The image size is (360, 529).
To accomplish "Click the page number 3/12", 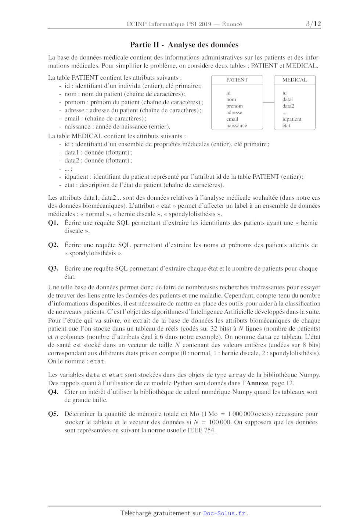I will tap(313, 24).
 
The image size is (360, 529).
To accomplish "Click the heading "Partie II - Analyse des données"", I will tap(184, 45).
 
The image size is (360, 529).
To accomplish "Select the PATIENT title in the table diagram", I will tap(237, 80).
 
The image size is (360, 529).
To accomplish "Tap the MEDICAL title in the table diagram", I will tap(295, 80).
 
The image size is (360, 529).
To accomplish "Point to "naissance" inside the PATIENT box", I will tap(237, 126).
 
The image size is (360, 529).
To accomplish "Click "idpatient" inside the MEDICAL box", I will tap(292, 119).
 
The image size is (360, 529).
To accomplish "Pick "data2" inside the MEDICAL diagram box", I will tap(288, 106).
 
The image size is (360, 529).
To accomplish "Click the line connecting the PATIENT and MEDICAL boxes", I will tap(269, 102).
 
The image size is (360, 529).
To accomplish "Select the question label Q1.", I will tap(53, 223).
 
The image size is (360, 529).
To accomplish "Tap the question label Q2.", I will tap(53, 245).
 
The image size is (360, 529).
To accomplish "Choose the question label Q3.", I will tap(53, 268).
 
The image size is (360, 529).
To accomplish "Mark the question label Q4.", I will tap(53, 392).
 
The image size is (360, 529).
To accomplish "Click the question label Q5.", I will tap(53, 414).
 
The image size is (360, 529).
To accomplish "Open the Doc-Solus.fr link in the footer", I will tap(224, 513).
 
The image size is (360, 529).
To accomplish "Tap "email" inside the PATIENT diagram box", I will tap(232, 119).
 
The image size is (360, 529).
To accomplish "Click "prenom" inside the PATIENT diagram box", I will tap(234, 106).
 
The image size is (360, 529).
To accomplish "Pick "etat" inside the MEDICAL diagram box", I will tap(286, 126).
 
